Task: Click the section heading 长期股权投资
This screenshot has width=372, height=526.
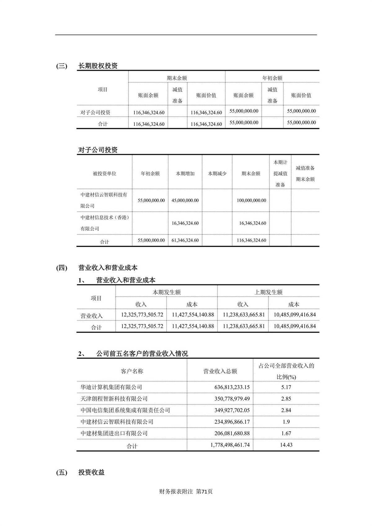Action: (x=98, y=66)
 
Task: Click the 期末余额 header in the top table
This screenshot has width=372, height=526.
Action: (x=177, y=78)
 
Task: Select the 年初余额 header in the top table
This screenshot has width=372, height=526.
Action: (x=272, y=78)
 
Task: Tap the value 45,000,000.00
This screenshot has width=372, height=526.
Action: (x=185, y=201)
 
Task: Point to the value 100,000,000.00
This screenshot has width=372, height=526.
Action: (x=251, y=201)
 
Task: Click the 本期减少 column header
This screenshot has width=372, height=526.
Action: (x=217, y=174)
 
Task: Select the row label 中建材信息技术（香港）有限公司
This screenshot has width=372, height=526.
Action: (x=104, y=223)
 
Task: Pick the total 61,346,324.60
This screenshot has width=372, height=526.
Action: (x=185, y=240)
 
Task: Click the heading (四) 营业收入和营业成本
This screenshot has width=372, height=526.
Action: (x=108, y=268)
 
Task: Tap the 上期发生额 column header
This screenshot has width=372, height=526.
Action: (x=268, y=292)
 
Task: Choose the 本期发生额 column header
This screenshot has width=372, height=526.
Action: (x=166, y=292)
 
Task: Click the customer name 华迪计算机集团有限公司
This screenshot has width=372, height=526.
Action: (x=111, y=387)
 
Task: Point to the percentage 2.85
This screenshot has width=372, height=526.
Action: (x=286, y=399)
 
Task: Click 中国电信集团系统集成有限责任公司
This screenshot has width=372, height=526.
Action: (x=125, y=410)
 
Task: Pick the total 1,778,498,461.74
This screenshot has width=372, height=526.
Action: (x=230, y=445)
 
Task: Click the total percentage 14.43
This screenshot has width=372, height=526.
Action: (x=286, y=445)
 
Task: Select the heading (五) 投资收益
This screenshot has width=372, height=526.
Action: (x=91, y=472)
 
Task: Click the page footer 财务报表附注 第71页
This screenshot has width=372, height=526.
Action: (x=186, y=492)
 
